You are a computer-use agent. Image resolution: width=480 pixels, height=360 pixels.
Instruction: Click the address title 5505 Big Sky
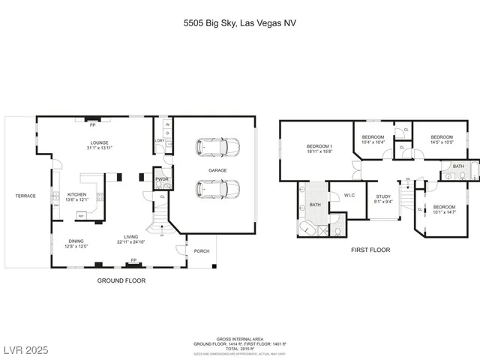239,24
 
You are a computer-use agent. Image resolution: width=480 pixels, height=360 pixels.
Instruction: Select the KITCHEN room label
78,194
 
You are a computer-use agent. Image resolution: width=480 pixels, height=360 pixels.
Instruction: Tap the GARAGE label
217,170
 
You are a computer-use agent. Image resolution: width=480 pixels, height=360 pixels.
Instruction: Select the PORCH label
202,251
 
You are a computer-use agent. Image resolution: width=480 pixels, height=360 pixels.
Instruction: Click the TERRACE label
25,196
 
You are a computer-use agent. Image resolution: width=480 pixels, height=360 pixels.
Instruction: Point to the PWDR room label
161,179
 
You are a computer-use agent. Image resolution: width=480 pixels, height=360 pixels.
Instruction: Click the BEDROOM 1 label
319,145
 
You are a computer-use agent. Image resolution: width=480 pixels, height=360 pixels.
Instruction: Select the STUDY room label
382,196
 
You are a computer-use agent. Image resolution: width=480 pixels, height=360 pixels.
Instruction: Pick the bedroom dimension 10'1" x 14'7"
444,211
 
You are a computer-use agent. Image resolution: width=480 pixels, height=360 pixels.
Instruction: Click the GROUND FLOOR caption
121,280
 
